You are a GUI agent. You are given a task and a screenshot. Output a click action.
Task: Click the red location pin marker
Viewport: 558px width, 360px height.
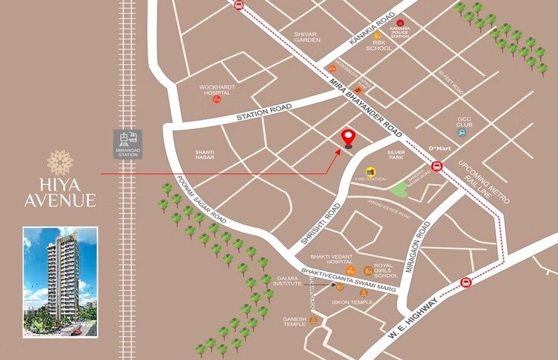(x=347, y=139)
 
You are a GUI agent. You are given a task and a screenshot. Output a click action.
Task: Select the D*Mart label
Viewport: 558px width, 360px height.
(x=441, y=148)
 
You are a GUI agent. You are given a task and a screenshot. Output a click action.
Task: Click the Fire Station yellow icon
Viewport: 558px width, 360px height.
(x=370, y=171)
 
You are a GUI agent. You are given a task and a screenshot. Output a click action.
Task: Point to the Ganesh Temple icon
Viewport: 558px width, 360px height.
(x=314, y=320)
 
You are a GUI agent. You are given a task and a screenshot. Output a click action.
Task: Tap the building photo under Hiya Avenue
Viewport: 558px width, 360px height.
(x=60, y=281)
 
